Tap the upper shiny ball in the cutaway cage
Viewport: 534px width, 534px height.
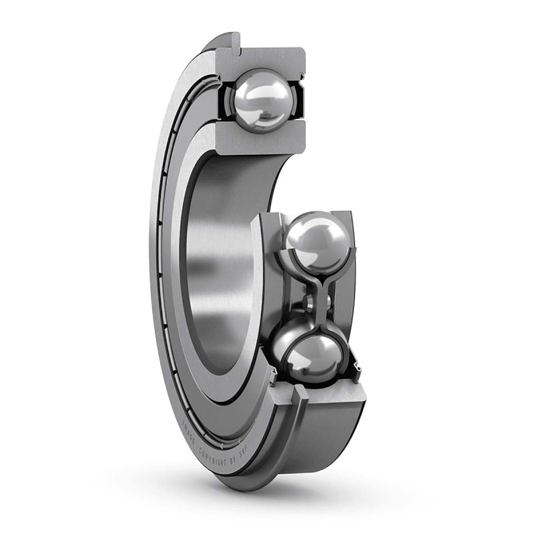317,240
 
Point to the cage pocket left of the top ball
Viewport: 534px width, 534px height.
226,100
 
